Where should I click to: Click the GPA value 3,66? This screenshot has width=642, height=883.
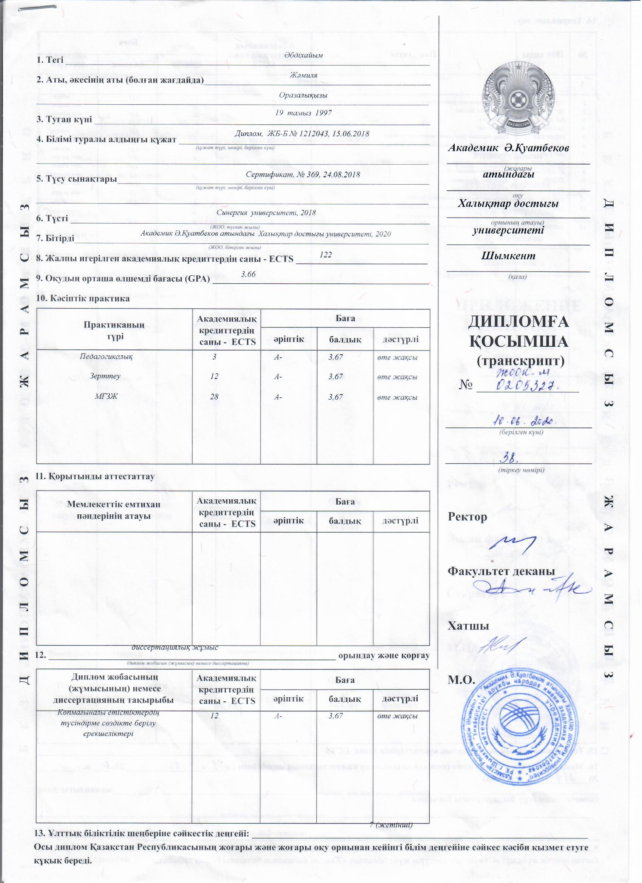pos(248,275)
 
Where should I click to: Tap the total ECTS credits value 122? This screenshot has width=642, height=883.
pos(326,255)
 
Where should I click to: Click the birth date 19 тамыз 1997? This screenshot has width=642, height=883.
pos(303,113)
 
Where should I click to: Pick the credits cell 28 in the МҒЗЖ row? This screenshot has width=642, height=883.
pos(214,397)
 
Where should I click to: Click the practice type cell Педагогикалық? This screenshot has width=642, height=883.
pos(106,357)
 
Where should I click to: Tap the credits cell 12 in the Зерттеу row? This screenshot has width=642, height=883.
pos(214,377)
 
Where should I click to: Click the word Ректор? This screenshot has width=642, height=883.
pos(468,517)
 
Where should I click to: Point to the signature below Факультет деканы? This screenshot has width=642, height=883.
pos(529,592)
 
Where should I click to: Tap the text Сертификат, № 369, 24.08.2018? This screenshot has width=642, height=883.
pos(303,174)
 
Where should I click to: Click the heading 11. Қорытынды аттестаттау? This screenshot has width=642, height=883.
pos(95,476)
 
